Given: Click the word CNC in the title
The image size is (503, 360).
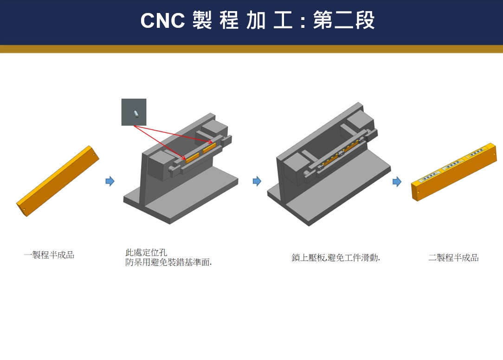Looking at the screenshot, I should click(162, 21).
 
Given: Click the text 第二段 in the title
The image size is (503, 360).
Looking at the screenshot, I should click(343, 21).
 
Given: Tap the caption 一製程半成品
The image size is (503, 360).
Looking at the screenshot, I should click(49, 255).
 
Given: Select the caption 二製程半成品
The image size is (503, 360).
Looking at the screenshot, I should click(453, 257).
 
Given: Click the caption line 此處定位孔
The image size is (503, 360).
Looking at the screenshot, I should click(146, 253).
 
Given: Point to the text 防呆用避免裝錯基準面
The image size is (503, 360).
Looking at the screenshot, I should click(168, 263).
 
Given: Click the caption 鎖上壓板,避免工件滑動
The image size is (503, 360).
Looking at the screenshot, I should click(335, 257).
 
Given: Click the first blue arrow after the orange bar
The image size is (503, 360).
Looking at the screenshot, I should click(110, 181).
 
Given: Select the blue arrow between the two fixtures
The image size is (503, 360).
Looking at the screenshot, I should click(257, 181).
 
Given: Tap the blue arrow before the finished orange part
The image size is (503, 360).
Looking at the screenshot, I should click(397, 181).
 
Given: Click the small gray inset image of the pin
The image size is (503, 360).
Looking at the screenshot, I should click(134, 112).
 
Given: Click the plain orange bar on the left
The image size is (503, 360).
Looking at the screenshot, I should click(58, 181).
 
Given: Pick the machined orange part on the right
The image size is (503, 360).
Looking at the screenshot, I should click(454, 172).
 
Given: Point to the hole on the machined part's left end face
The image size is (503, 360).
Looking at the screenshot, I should click(418, 192).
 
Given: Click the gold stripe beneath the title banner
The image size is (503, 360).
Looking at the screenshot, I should click(251, 49).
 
